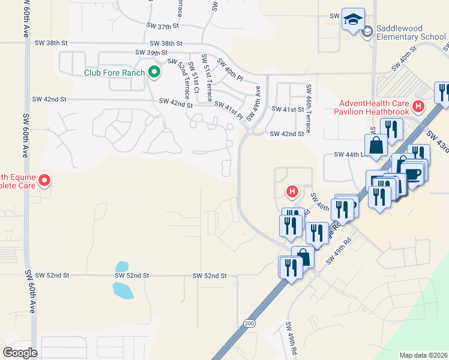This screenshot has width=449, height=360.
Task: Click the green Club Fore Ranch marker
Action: (154, 73)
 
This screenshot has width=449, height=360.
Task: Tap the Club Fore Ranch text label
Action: (114, 73)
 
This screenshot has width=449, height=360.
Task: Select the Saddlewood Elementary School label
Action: (408, 32)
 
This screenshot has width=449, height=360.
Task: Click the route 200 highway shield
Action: (249, 323)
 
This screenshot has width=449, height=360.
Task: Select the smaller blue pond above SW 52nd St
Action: (122, 266)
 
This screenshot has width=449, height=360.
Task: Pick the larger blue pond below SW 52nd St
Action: (123, 290)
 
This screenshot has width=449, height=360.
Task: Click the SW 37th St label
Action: (163, 26)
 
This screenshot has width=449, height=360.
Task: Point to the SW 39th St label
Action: (150, 53)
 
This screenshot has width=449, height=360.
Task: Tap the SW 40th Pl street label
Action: (230, 70)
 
